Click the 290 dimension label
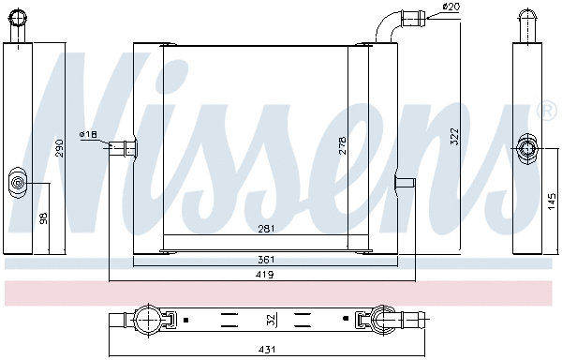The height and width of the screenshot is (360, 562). point(58,147)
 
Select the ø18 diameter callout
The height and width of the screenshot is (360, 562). point(89,135)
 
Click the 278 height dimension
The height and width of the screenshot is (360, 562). point(343,146)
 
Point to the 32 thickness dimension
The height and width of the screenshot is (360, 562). point(272,320)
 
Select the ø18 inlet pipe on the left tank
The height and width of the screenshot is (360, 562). point(122,146)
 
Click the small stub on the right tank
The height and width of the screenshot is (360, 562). point(405,181)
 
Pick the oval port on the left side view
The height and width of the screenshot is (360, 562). point(19,181)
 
